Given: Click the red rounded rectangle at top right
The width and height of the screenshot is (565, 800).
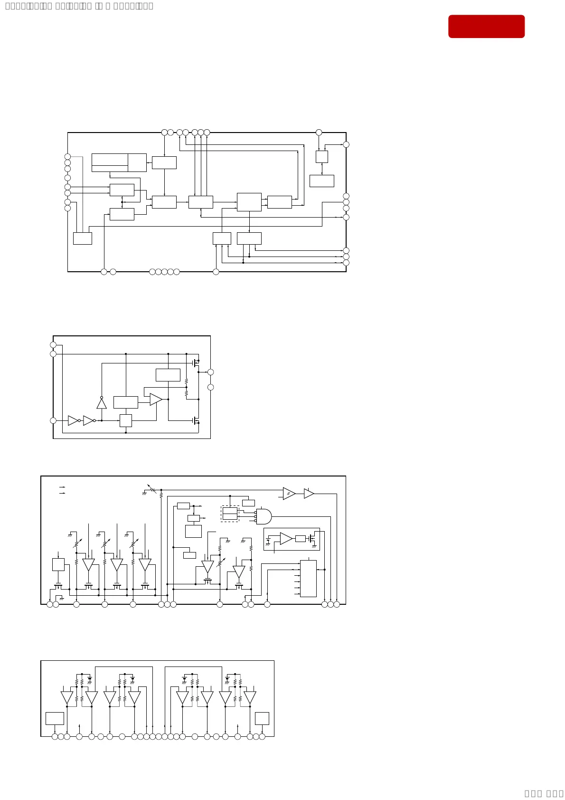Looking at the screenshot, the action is coord(486,26).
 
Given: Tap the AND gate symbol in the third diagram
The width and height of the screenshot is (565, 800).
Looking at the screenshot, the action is coord(264,516).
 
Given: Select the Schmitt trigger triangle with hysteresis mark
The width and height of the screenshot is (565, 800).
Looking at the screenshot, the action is coord(289,494).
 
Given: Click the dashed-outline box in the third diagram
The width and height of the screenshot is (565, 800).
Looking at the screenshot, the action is coord(230,514).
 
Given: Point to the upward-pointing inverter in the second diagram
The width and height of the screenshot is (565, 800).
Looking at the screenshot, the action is coord(102,403).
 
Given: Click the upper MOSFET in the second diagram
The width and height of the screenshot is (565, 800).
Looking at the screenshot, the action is coord(196,362).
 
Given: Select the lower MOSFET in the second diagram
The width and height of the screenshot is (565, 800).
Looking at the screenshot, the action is coord(196,420).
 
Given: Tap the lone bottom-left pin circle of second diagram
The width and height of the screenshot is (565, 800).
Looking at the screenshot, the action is coord(53,420).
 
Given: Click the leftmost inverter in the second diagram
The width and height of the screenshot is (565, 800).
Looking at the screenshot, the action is coord(73,420).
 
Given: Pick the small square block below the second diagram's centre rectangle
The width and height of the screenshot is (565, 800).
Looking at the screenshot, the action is coord(126,420).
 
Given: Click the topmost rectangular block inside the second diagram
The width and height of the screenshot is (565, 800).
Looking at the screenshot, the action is coord(168,375).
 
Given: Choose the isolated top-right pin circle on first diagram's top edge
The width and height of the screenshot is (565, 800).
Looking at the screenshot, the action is coord(319,133).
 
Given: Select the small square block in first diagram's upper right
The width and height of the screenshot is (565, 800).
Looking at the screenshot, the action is coord(322,157).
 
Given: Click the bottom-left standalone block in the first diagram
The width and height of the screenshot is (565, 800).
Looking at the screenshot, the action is coord(83,238).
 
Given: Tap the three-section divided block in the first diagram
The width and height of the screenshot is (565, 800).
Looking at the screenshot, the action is coord(119,162).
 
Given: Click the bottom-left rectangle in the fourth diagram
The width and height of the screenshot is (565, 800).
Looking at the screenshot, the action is coord(55,718).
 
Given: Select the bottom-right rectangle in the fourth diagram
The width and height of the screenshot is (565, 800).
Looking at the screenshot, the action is coord(262,718).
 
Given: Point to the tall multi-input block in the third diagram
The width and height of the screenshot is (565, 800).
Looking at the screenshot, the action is coord(308,578).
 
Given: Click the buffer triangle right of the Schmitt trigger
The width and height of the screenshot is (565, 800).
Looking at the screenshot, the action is coord(309,494).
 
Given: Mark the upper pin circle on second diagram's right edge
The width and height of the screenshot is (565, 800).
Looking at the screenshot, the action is coord(211,372).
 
